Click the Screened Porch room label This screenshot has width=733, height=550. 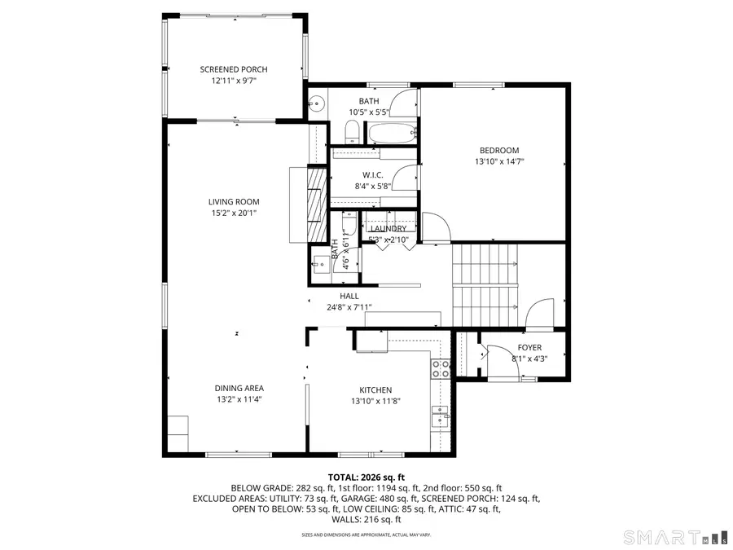[x=234, y=70]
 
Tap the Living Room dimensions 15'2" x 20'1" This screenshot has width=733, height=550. [x=234, y=213]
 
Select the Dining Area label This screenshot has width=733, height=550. [x=239, y=389]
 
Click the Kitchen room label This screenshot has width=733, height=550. [x=375, y=390]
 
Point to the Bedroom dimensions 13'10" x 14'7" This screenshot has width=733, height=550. [x=499, y=161]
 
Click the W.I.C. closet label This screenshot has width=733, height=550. [x=373, y=175]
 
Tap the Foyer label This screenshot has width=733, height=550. [x=529, y=348]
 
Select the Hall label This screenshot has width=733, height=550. [x=349, y=296]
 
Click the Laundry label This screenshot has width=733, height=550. [x=388, y=229]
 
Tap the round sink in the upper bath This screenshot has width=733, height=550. [x=317, y=103]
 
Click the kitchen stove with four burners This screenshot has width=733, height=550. [x=441, y=368]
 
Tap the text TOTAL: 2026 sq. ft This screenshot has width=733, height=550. [x=366, y=477]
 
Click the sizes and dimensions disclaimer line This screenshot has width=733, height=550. [x=366, y=535]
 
